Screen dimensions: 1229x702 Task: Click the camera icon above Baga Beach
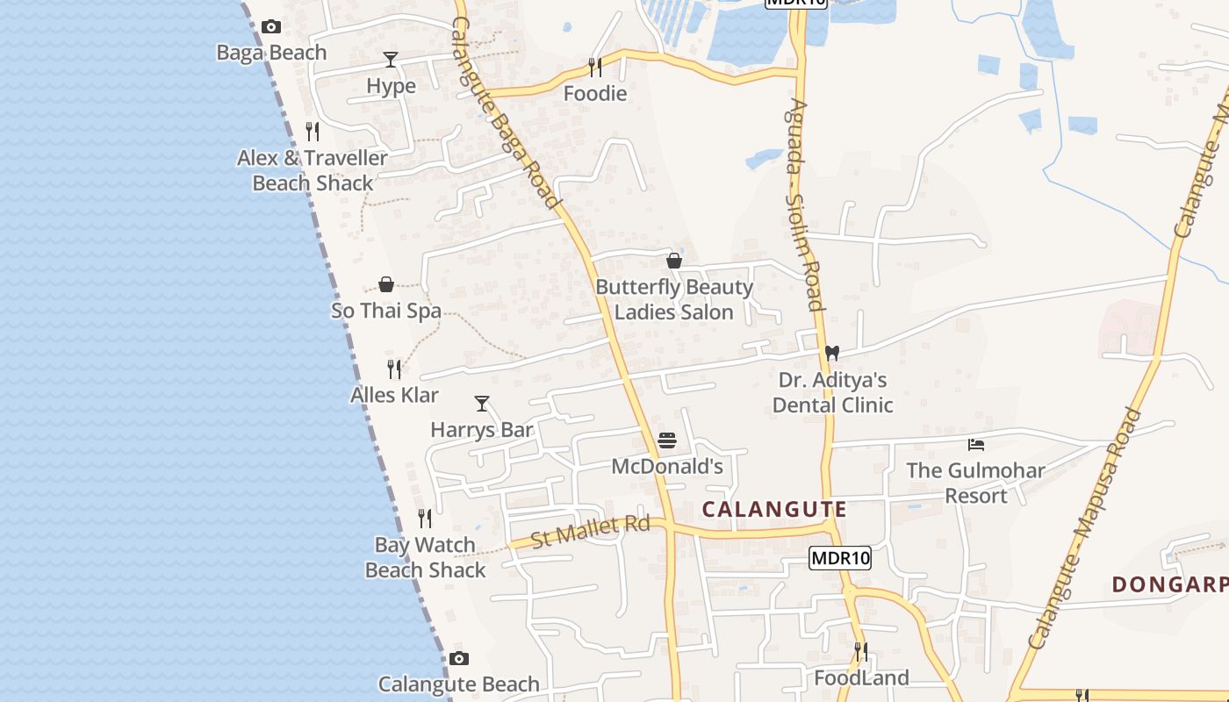271,27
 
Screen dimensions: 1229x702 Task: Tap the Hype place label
391,86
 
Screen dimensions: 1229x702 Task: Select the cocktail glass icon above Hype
391,60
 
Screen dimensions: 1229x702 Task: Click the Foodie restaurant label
595,94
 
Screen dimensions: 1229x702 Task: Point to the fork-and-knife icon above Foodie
595,68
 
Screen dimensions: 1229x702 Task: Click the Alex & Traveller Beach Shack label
313,170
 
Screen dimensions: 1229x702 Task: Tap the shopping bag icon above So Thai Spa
385,284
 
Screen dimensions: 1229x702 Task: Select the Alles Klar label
394,395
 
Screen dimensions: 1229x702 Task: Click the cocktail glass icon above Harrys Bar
482,404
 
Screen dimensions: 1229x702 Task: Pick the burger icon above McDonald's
667,440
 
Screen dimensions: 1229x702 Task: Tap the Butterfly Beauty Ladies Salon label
674,299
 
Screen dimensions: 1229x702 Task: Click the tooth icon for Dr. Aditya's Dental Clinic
832,353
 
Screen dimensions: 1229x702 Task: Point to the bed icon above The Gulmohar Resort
975,445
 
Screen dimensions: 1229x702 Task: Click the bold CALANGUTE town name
774,509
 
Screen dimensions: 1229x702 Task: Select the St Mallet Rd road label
590,531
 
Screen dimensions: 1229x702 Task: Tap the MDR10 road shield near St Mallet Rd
840,557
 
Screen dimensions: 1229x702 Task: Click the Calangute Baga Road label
507,114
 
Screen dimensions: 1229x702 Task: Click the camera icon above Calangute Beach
458,658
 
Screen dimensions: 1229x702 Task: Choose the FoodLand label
861,677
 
